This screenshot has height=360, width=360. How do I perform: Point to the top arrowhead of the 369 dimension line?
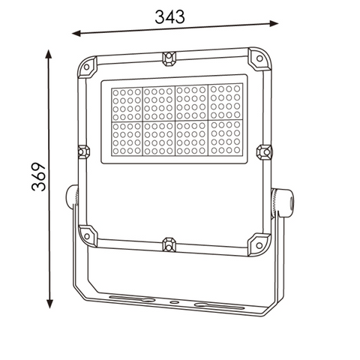coord(49,53)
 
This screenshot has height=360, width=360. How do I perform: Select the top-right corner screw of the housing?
coord(258,58)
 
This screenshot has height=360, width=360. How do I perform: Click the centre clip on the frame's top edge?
coord(170,56)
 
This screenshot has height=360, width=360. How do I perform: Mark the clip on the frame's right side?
coord(264,152)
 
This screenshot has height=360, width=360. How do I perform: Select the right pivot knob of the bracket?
coord(283,201)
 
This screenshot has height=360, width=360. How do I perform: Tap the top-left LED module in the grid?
coord(127,103)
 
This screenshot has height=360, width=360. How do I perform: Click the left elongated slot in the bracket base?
coord(133,298)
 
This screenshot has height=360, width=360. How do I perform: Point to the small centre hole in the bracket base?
coord(175,302)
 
